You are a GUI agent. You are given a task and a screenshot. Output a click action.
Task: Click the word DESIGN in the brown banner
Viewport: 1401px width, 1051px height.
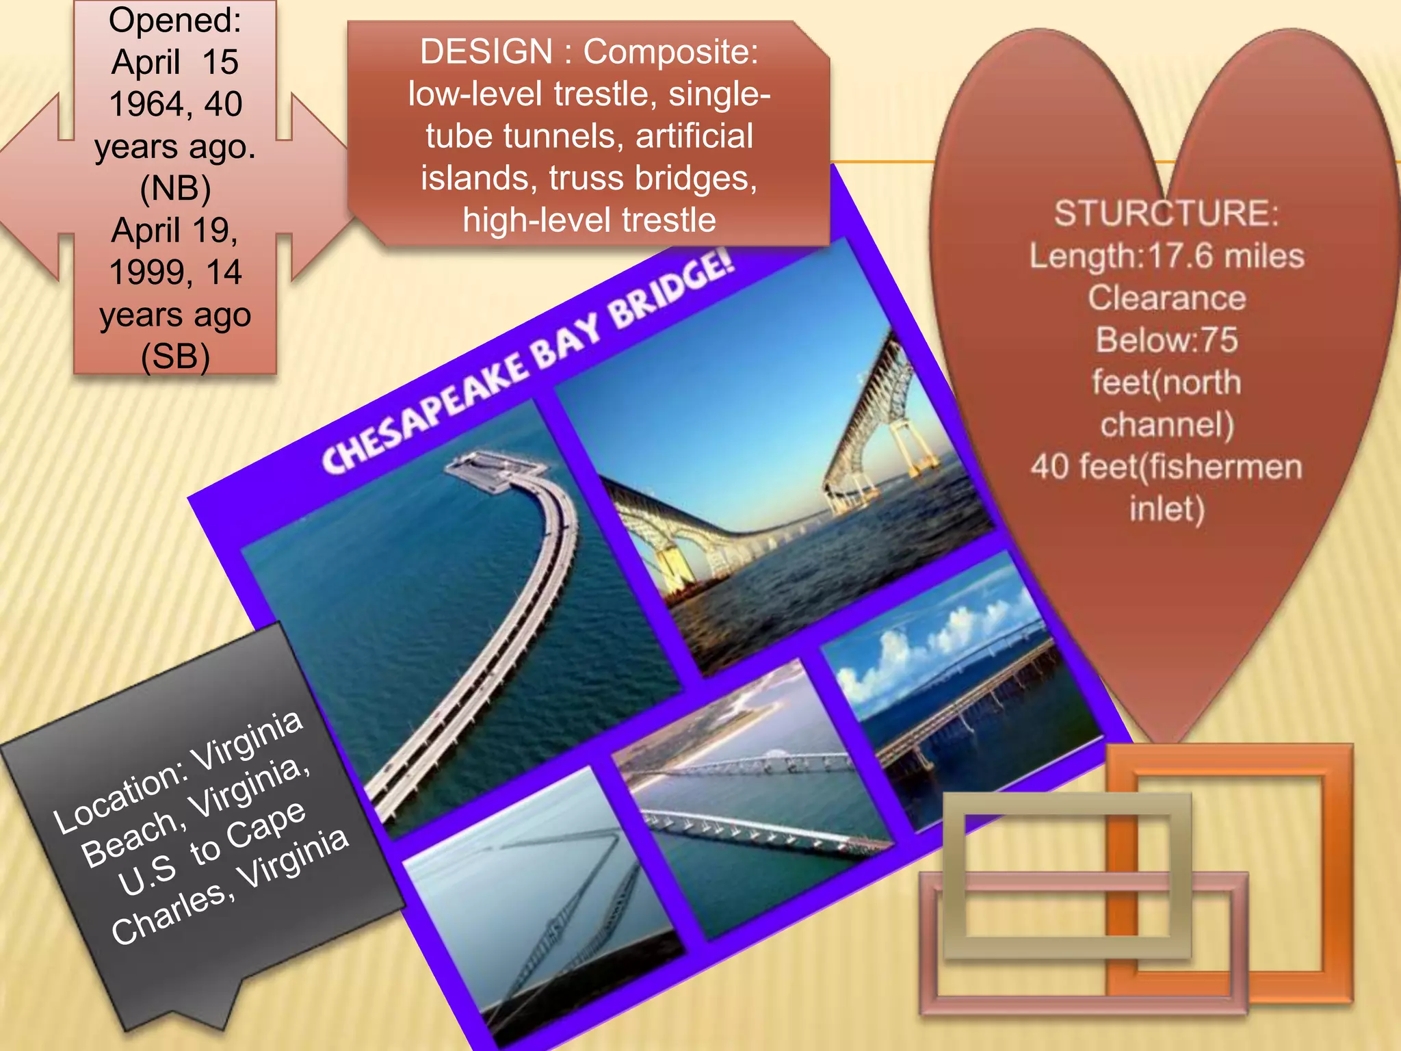pyautogui.click(x=486, y=52)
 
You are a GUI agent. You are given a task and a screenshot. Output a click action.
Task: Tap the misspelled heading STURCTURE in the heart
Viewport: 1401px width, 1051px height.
pyautogui.click(x=1166, y=213)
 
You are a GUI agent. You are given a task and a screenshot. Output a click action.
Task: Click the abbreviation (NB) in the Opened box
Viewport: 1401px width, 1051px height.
pyautogui.click(x=175, y=188)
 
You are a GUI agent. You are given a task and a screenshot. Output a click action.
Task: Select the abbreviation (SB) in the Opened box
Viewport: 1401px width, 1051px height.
pyautogui.click(x=175, y=356)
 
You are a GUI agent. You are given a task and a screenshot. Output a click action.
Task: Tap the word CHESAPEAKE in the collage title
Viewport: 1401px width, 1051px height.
pyautogui.click(x=424, y=411)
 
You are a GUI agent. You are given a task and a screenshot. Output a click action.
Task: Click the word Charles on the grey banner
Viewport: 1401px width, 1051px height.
pyautogui.click(x=168, y=913)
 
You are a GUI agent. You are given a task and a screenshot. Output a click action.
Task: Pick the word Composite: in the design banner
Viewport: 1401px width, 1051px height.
pyautogui.click(x=670, y=52)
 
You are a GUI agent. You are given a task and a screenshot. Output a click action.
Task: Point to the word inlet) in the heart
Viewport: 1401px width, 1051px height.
pyautogui.click(x=1166, y=509)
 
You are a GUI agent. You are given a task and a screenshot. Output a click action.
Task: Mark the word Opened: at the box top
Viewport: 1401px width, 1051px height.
pyautogui.click(x=175, y=20)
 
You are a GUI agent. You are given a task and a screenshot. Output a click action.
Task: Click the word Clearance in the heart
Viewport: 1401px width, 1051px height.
pyautogui.click(x=1166, y=298)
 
